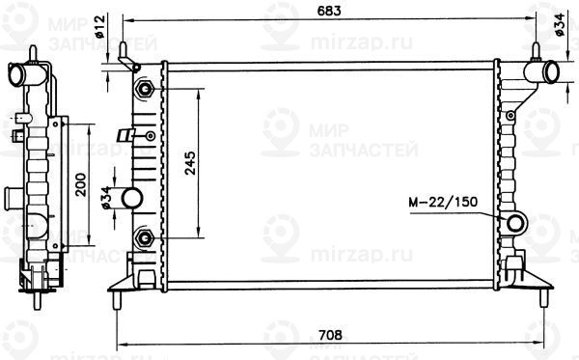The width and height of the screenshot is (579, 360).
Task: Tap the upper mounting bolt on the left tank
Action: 145,89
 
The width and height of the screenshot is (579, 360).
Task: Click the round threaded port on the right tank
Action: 516,225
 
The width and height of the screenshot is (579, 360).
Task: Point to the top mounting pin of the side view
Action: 34,48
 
